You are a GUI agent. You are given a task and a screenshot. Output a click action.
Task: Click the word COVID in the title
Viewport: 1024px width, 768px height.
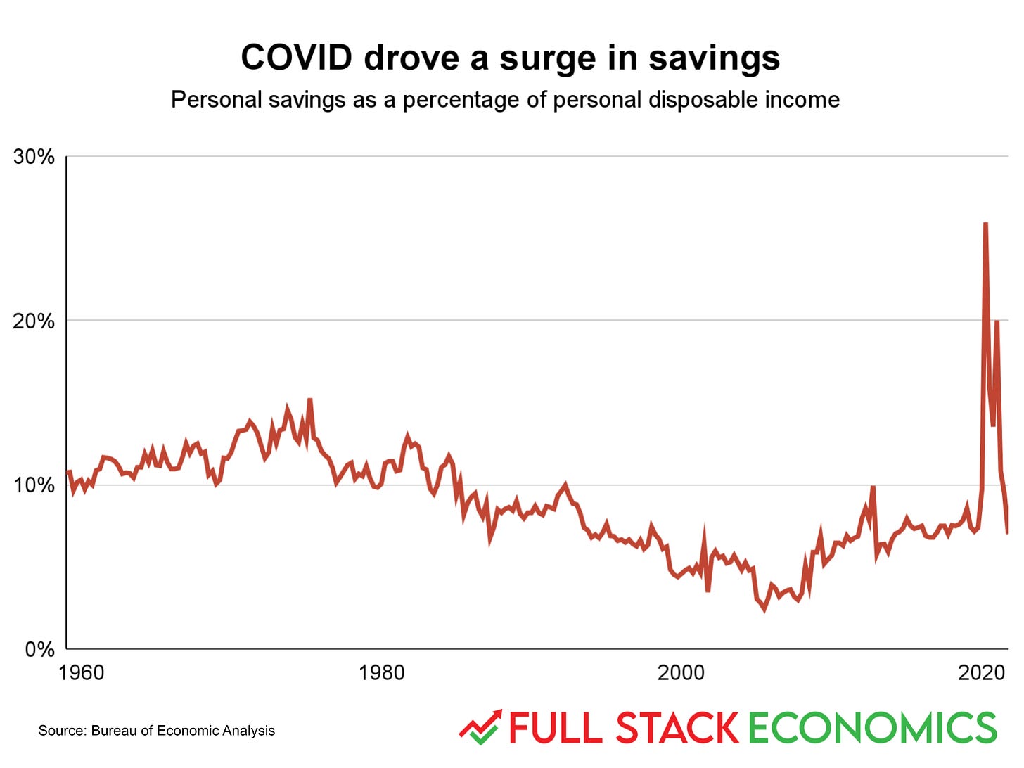click(296, 58)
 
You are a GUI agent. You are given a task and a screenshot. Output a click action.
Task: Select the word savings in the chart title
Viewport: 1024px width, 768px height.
click(714, 59)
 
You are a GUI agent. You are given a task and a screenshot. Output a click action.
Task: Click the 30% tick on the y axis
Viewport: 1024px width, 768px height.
click(34, 156)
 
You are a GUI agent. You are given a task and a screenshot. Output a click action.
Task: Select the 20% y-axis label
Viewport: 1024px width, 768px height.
click(34, 321)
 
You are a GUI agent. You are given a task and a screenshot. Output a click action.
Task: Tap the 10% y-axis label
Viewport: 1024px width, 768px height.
click(34, 485)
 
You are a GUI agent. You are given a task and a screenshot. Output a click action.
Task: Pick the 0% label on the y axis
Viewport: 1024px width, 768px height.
click(39, 649)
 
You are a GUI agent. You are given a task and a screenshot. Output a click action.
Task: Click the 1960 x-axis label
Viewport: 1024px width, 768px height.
click(81, 673)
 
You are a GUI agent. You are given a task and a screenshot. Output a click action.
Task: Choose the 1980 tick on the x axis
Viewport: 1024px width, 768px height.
click(381, 673)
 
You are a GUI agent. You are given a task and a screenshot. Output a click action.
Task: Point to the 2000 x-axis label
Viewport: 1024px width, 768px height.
click(681, 673)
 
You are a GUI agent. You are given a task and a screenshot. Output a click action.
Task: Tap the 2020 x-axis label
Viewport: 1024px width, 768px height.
click(981, 673)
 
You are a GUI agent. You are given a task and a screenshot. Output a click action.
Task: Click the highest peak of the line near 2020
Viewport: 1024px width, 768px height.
click(985, 224)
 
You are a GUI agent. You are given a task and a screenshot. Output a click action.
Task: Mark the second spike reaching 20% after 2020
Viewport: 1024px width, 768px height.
click(997, 322)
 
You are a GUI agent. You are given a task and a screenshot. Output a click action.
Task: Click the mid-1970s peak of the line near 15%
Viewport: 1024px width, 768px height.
click(309, 400)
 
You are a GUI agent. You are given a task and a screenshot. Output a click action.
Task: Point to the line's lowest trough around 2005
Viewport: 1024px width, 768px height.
click(764, 609)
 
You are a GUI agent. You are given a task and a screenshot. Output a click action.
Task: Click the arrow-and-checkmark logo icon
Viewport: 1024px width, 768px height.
click(480, 727)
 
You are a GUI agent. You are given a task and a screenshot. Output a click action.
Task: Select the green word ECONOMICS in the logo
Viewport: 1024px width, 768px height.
click(872, 728)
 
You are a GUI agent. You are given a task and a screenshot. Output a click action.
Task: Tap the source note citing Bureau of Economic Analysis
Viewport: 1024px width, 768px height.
click(156, 731)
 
